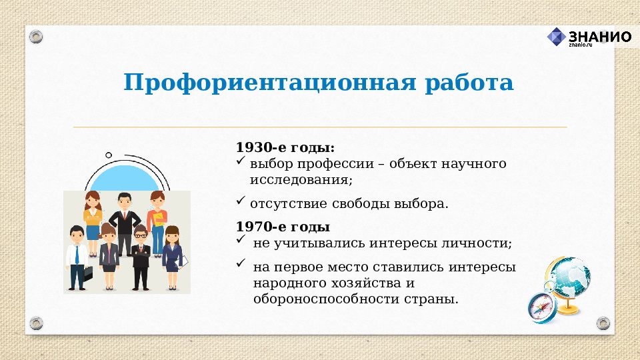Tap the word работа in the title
coord(470,83)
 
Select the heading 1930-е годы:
coord(285,147)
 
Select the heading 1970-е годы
coord(283,227)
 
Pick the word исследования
coord(299,180)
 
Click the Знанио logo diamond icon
coord(556,37)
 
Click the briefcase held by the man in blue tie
coord(87,273)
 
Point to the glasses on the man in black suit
coord(140,235)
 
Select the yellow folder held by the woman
coord(159,219)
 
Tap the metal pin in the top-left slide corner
coord(37,36)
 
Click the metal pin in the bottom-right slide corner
coord(603,323)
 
